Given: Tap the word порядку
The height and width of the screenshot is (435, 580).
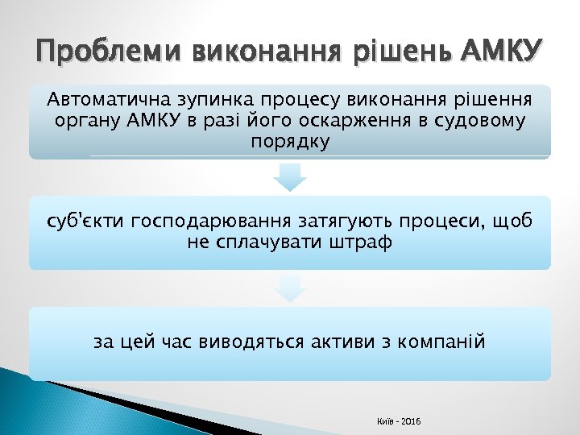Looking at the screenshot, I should (x=289, y=141).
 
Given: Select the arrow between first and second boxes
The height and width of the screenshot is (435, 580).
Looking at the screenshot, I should (x=289, y=178).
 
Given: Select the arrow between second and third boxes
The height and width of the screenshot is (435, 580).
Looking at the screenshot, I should (x=289, y=288).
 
